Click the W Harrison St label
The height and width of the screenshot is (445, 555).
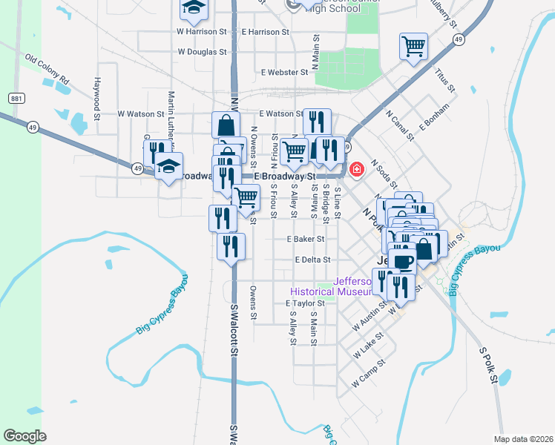pos(201,32)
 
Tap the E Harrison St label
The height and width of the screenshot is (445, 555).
pos(265,32)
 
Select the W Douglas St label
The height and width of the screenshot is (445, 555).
pos(202,52)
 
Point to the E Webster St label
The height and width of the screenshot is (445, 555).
pos(284,72)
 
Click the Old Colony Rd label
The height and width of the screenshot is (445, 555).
pos(46,68)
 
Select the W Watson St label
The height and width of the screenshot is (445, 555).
pos(140,114)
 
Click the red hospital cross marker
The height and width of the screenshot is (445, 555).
pos(357,171)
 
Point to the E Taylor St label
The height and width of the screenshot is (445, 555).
pos(305,303)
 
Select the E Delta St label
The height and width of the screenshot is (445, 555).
pos(312,260)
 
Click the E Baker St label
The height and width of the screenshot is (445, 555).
pos(306,239)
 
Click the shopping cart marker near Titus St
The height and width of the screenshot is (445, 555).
pos(413,46)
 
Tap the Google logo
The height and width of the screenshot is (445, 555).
pos(25,436)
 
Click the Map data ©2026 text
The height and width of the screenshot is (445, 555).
pos(523,439)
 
